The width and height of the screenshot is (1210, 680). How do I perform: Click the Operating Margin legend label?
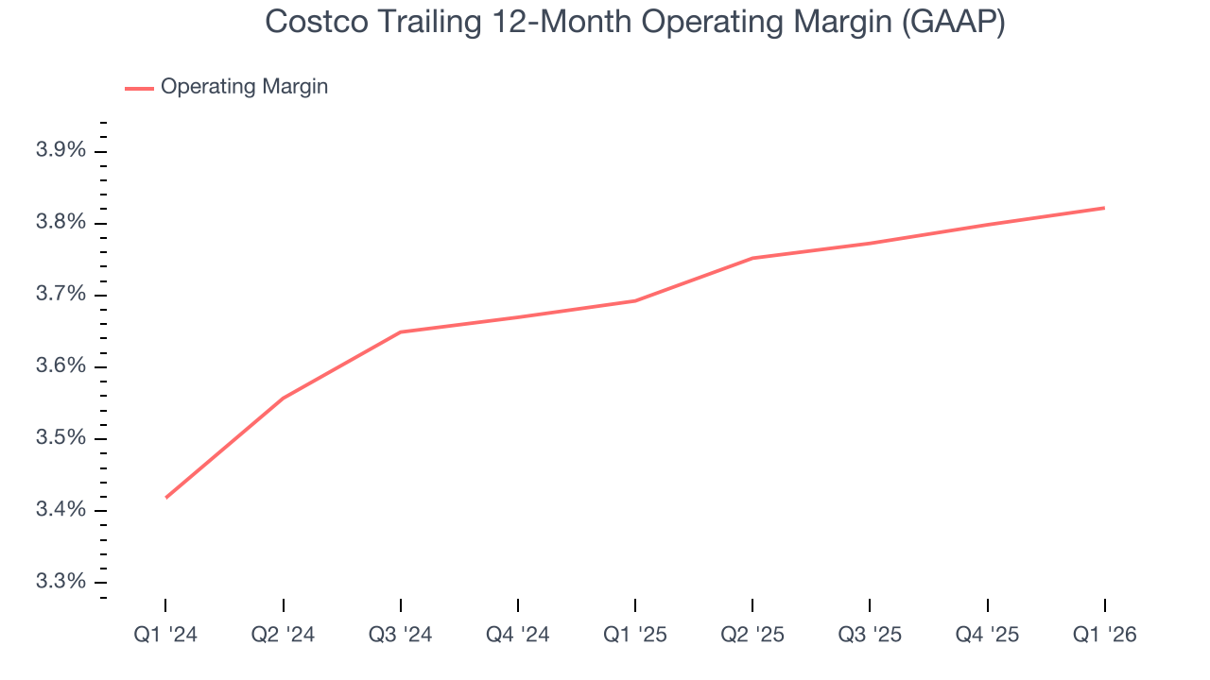pyautogui.click(x=244, y=87)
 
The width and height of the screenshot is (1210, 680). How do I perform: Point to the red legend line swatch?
pyautogui.click(x=139, y=88)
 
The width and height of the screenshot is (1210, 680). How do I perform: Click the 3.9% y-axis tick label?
pyautogui.click(x=60, y=151)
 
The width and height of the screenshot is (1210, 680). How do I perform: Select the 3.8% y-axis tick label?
pyautogui.click(x=60, y=223)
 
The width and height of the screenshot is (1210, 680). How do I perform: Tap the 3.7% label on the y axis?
pyautogui.click(x=60, y=295)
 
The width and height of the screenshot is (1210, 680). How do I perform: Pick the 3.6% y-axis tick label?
pyautogui.click(x=60, y=366)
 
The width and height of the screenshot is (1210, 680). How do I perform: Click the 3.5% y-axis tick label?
pyautogui.click(x=60, y=438)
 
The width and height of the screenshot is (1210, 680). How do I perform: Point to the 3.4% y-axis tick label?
pyautogui.click(x=60, y=510)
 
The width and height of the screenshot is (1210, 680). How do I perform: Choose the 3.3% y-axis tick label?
pyautogui.click(x=60, y=582)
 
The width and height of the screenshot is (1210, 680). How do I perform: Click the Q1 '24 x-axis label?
pyautogui.click(x=165, y=635)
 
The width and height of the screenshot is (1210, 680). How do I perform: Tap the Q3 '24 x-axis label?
pyautogui.click(x=401, y=635)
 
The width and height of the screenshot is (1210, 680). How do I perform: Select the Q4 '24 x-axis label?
pyautogui.click(x=518, y=635)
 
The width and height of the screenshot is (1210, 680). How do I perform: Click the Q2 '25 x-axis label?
pyautogui.click(x=752, y=635)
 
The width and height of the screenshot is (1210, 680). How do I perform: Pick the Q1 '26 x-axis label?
pyautogui.click(x=1105, y=635)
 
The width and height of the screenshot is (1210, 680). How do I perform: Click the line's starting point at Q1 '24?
pyautogui.click(x=165, y=498)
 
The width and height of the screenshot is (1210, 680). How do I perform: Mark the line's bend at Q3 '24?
pyautogui.click(x=401, y=331)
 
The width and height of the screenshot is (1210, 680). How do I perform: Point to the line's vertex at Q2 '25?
pyautogui.click(x=752, y=258)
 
